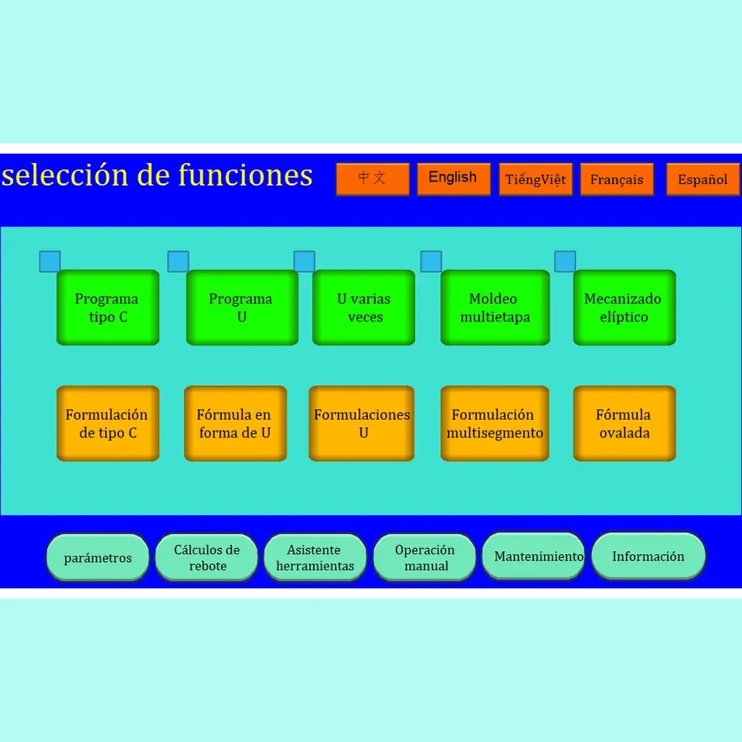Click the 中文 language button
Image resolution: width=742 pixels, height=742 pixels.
(x=373, y=179)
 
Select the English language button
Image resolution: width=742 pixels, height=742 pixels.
(x=454, y=179)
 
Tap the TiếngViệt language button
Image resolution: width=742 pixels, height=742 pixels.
(x=536, y=179)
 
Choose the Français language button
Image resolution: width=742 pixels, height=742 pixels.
(x=617, y=179)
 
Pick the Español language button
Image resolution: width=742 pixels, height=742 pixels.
(x=703, y=179)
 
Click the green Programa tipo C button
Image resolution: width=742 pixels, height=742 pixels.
(x=107, y=308)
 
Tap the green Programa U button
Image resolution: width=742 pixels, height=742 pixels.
(x=242, y=308)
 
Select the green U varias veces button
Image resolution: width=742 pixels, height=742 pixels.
(x=363, y=308)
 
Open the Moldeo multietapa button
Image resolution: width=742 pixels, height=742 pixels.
(x=495, y=308)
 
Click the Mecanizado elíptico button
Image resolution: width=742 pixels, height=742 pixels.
(x=624, y=308)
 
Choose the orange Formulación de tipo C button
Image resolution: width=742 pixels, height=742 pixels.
(x=107, y=424)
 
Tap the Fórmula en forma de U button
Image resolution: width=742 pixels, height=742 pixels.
(x=235, y=424)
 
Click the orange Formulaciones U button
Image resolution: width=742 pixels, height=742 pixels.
(x=362, y=424)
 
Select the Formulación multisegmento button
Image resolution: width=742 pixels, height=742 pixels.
(x=495, y=424)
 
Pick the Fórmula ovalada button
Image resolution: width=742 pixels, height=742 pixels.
(x=624, y=424)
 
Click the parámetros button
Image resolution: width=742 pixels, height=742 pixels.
(x=97, y=557)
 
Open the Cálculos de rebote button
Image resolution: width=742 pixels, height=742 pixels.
(x=206, y=557)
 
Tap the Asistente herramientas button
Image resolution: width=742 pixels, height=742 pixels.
(x=315, y=557)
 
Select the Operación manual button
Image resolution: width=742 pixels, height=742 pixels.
(x=424, y=557)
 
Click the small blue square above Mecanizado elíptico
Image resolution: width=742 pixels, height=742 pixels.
(x=565, y=262)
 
